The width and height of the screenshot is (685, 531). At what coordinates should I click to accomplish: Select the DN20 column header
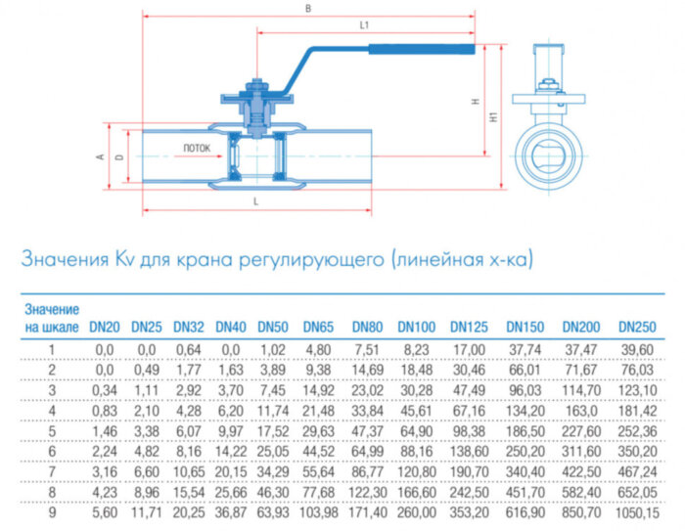coord(105,327)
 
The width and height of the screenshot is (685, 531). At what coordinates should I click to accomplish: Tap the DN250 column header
coord(636,327)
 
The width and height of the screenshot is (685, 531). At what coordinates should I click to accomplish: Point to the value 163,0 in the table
coord(581,410)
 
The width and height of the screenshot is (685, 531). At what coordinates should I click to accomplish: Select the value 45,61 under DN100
coord(416,410)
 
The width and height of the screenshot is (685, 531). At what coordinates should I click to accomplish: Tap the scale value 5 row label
coord(52,430)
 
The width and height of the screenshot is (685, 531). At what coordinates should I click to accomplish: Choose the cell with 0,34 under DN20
coord(105,389)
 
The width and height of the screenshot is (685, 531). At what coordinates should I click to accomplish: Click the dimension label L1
coord(364,23)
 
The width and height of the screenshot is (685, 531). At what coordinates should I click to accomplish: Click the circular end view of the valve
coord(553,154)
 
